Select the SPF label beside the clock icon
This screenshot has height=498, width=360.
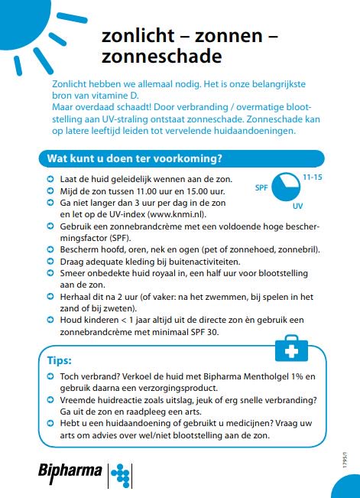click(261, 184)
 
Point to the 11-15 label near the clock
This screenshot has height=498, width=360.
click(313, 177)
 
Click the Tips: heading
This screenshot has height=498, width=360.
click(60, 360)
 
